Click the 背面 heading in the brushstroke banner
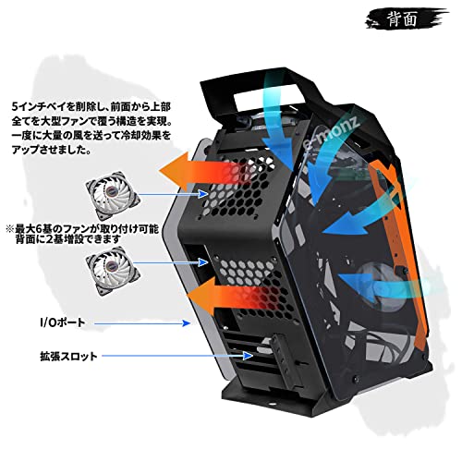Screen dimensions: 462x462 (402, 19)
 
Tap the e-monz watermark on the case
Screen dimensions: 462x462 (330, 131)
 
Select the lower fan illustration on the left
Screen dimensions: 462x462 (113, 271)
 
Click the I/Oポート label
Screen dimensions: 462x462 (63, 322)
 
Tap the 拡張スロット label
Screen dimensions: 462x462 (68, 356)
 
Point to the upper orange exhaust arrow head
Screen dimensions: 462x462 (174, 171)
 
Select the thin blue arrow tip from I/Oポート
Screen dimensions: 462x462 (189, 323)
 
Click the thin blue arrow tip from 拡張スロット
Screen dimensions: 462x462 (252, 356)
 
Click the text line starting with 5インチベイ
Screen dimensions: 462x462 (91, 107)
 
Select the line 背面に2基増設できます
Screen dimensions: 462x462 (68, 239)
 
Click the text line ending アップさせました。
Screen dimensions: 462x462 (52, 150)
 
